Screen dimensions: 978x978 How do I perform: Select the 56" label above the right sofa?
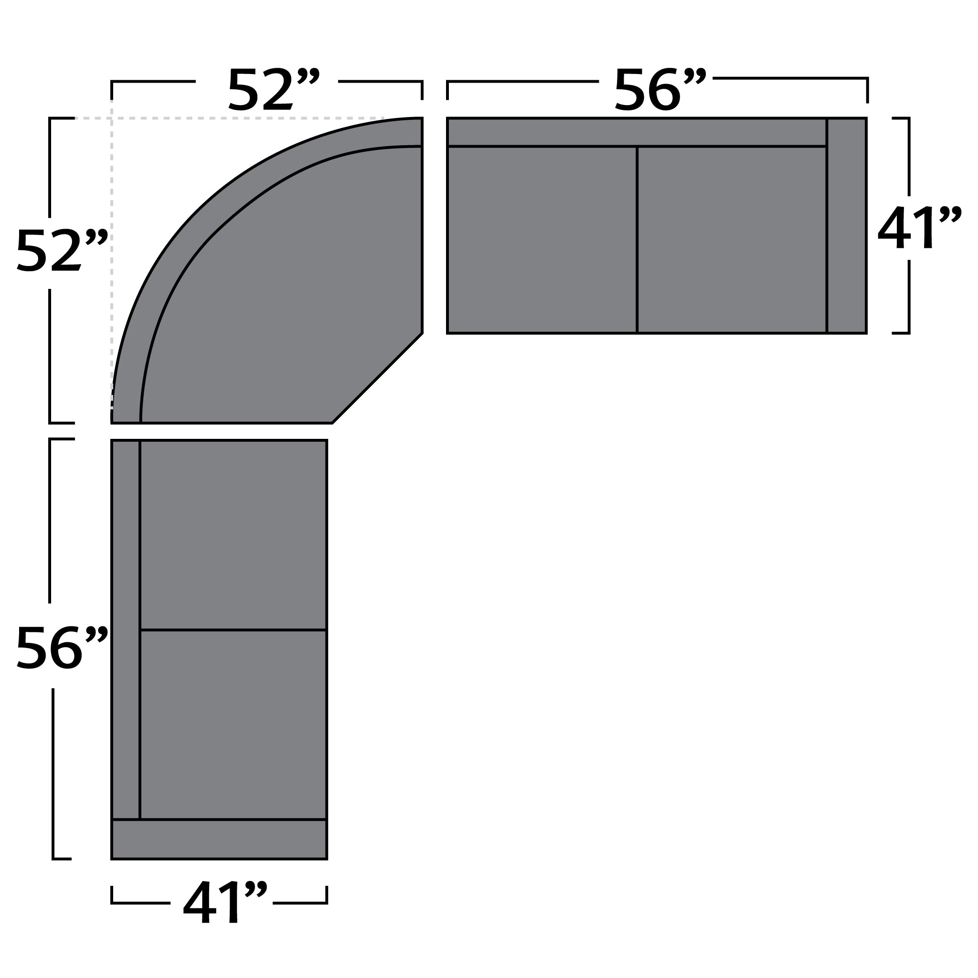coord(659,90)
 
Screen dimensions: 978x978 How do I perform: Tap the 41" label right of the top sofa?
coord(918,228)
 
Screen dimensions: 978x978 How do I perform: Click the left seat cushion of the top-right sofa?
coord(542,239)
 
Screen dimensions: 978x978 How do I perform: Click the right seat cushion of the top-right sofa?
coord(732,239)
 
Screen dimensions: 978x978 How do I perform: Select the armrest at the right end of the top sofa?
coord(846,225)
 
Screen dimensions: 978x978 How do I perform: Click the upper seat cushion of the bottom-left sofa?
coord(233,535)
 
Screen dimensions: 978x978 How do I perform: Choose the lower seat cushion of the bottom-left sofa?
coord(233,724)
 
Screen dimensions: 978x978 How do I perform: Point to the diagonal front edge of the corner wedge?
coord(377,378)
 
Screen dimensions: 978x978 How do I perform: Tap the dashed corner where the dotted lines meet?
coord(112,118)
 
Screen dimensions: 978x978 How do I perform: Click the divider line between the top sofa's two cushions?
coord(637,239)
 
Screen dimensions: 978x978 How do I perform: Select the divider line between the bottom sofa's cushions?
coord(233,630)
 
